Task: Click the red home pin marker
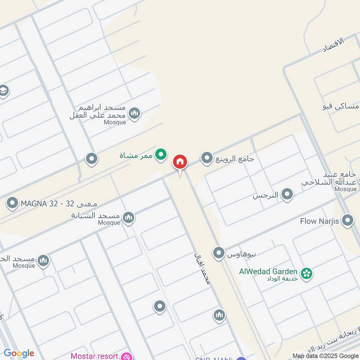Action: click(180, 162)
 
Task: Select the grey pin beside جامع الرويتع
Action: click(207, 158)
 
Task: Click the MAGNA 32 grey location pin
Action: click(12, 203)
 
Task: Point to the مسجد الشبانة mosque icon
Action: click(129, 218)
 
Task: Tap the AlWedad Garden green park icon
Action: click(307, 273)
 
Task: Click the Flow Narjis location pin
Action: click(347, 220)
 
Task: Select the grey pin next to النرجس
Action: click(287, 195)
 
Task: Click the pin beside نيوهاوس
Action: click(219, 253)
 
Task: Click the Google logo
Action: click(19, 353)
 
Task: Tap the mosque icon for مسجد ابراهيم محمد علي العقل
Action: click(134, 113)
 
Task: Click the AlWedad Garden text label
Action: click(268, 271)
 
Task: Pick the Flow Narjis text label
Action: click(320, 221)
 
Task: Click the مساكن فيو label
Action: click(341, 107)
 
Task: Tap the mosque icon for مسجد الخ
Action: click(43, 261)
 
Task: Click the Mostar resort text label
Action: click(94, 356)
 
